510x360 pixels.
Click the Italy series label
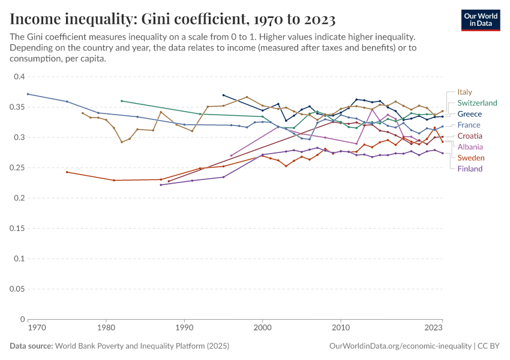pos(465,92)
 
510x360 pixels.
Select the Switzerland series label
pos(477,103)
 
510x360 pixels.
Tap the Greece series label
pos(470,114)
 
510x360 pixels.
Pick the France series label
pos(469,125)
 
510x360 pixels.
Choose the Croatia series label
pos(470,136)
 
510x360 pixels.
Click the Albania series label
pos(470,147)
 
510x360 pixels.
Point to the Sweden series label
pos(471,158)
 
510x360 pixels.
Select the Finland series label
pos(470,169)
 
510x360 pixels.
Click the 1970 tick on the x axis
pos(36,328)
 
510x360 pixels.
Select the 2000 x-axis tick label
pos(262,328)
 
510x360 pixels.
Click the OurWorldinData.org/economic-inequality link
pos(400,346)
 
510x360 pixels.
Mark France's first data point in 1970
pos(28,94)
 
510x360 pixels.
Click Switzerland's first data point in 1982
pos(122,101)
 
